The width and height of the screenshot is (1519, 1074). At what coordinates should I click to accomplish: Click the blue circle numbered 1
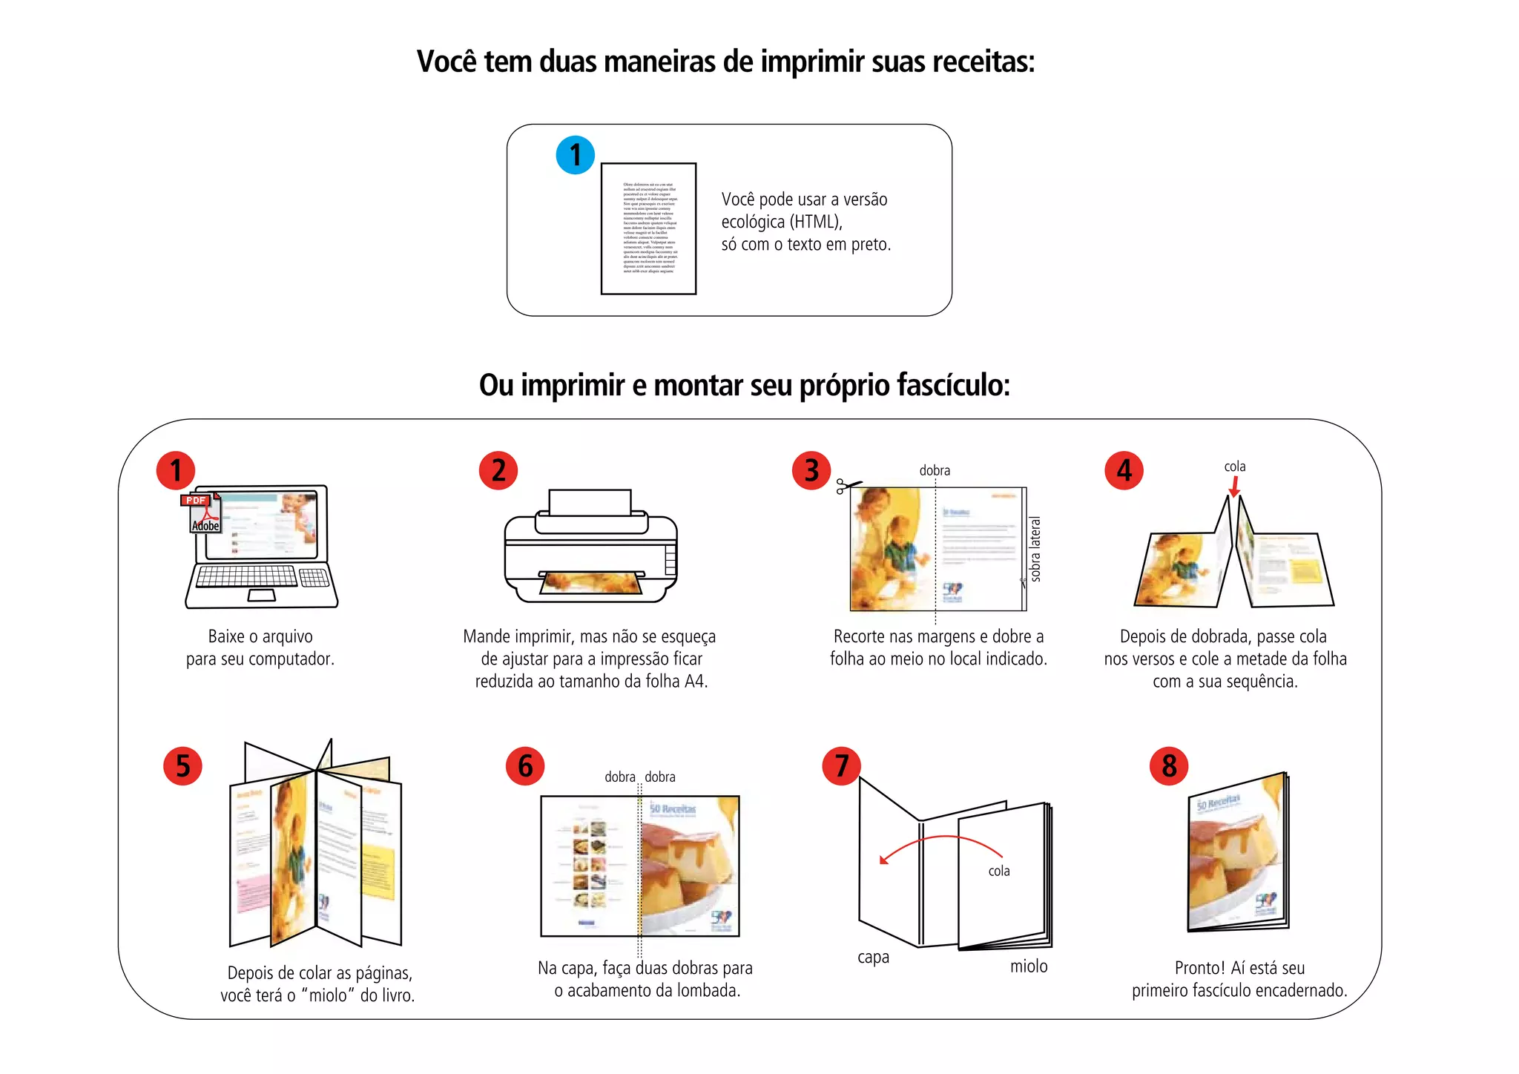(575, 155)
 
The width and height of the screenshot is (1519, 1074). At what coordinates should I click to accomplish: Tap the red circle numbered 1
(176, 470)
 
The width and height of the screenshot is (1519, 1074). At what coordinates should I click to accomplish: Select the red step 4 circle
(1124, 470)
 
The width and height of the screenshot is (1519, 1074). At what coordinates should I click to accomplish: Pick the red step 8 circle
(1169, 765)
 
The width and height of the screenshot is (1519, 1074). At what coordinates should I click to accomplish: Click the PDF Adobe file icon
(202, 513)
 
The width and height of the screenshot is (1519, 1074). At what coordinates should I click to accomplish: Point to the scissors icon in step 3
(849, 487)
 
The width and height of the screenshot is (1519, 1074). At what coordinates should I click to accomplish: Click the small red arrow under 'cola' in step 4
(1234, 487)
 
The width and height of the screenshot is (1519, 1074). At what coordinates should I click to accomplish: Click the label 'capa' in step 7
(873, 957)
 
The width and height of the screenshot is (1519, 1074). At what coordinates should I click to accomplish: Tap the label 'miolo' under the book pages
(1029, 966)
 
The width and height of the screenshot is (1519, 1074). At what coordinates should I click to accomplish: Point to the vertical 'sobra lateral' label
(1035, 549)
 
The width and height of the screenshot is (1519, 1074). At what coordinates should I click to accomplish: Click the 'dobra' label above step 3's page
(935, 470)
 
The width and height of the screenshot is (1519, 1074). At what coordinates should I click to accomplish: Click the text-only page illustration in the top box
(648, 228)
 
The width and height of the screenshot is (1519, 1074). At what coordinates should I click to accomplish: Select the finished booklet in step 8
(1237, 853)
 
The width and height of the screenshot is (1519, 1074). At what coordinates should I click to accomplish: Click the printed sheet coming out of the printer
(590, 583)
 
